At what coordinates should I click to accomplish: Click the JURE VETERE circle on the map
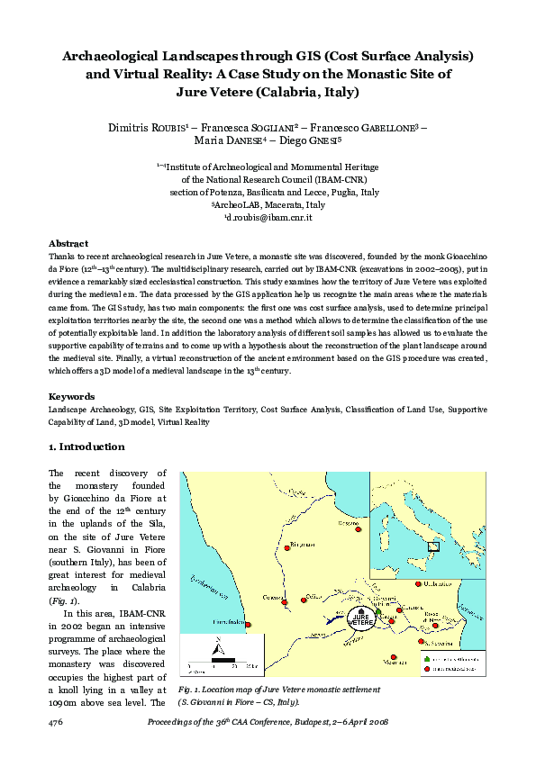click(360, 620)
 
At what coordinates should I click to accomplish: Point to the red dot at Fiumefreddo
click(250, 625)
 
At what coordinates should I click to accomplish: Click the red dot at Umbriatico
click(418, 584)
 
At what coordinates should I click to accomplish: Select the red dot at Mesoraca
click(393, 656)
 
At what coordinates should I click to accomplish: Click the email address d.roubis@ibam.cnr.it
click(268, 218)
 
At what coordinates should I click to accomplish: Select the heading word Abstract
click(68, 243)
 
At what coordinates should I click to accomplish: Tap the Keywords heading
click(72, 396)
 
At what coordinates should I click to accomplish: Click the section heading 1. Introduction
click(86, 447)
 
